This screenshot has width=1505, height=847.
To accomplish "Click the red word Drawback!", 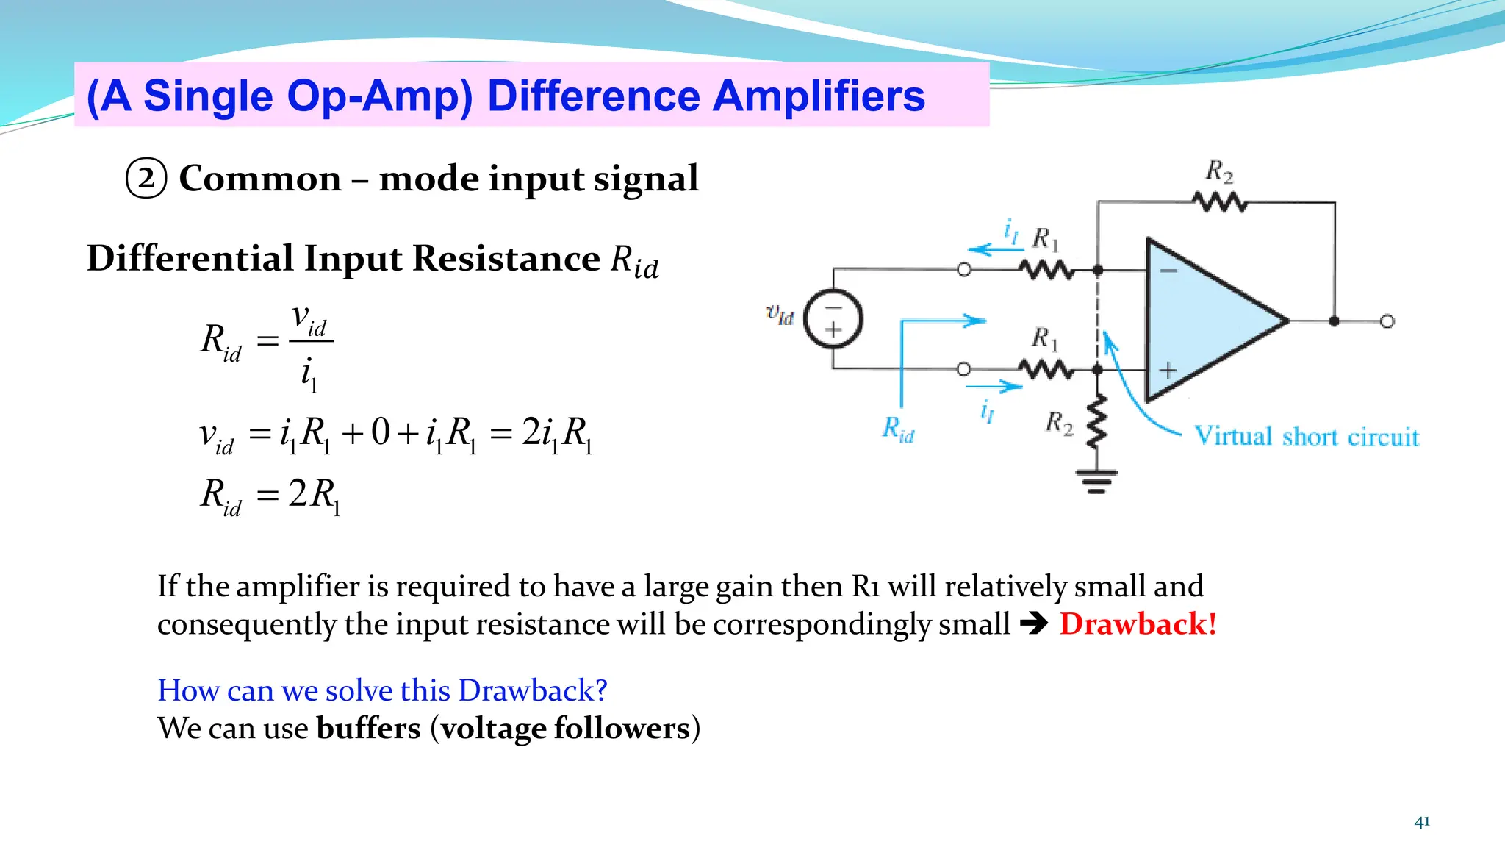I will (x=1138, y=624).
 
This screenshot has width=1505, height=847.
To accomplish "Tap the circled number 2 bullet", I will (x=146, y=179).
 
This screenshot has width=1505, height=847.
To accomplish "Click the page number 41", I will (x=1421, y=822).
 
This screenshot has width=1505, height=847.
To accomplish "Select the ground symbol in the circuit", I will (x=1096, y=482).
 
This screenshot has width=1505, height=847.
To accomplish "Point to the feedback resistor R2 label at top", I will (x=1219, y=172).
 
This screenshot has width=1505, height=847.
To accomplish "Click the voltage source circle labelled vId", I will (x=833, y=319).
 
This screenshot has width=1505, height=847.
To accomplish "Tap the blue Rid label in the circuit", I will (x=898, y=429).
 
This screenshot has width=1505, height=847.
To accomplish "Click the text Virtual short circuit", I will (x=1306, y=437).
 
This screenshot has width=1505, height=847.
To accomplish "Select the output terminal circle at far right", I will (x=1387, y=321).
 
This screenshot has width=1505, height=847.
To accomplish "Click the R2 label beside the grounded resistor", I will (x=1059, y=423).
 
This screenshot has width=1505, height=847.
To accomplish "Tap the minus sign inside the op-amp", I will (x=1168, y=271).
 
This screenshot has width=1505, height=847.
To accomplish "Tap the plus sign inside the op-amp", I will (x=1168, y=371).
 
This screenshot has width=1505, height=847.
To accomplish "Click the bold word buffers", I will (x=368, y=728).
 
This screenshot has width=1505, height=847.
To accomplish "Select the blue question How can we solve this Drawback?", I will (x=382, y=690).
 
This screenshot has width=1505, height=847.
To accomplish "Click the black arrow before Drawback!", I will (x=1033, y=624).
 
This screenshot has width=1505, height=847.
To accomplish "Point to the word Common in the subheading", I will (x=260, y=179).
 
